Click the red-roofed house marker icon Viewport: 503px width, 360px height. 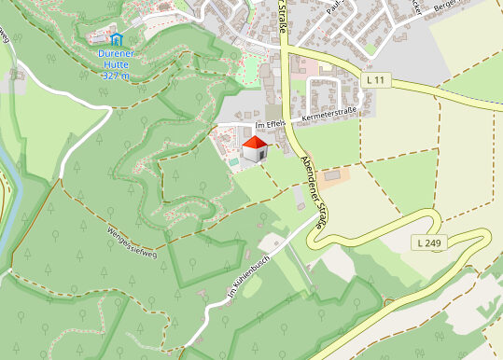(x=255, y=149)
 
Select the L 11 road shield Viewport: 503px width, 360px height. (x=376, y=81)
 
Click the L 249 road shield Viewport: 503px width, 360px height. (x=429, y=242)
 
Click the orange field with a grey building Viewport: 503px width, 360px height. (x=338, y=176)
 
